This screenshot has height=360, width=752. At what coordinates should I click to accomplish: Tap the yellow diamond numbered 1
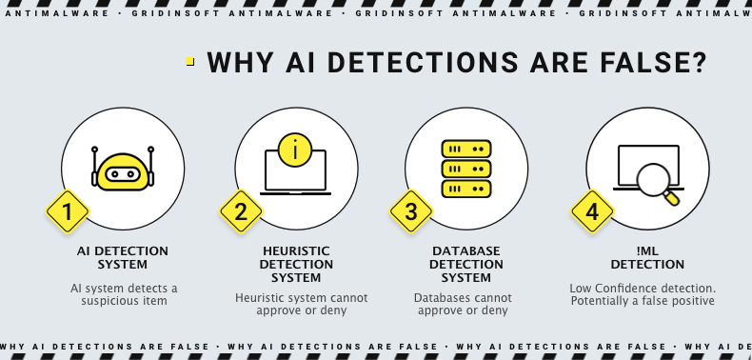tap(67, 211)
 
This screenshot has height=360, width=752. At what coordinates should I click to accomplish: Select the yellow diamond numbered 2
tap(241, 211)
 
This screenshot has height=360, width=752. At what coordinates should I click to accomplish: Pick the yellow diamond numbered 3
tap(410, 211)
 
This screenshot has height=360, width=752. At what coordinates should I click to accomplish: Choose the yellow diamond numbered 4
tap(591, 211)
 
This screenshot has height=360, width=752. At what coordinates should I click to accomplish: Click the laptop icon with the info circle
tap(295, 171)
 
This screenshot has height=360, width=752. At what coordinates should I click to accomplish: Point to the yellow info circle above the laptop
tap(295, 149)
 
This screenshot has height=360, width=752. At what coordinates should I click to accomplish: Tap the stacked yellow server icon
tap(465, 170)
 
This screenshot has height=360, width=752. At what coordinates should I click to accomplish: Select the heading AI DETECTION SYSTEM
tap(122, 257)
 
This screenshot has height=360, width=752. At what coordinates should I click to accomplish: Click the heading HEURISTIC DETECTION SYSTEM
tap(296, 264)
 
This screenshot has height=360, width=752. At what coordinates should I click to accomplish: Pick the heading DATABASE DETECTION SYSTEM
tap(466, 264)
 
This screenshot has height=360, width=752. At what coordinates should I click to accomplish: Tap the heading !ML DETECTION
tap(647, 257)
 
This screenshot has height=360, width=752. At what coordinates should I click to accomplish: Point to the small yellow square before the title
tap(190, 61)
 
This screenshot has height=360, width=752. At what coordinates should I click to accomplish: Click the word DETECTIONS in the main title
tap(400, 62)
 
